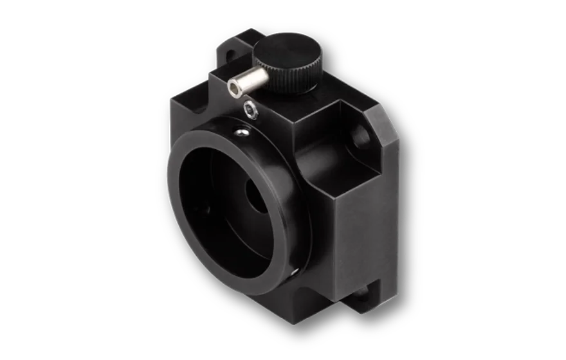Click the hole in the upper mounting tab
(226, 50)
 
